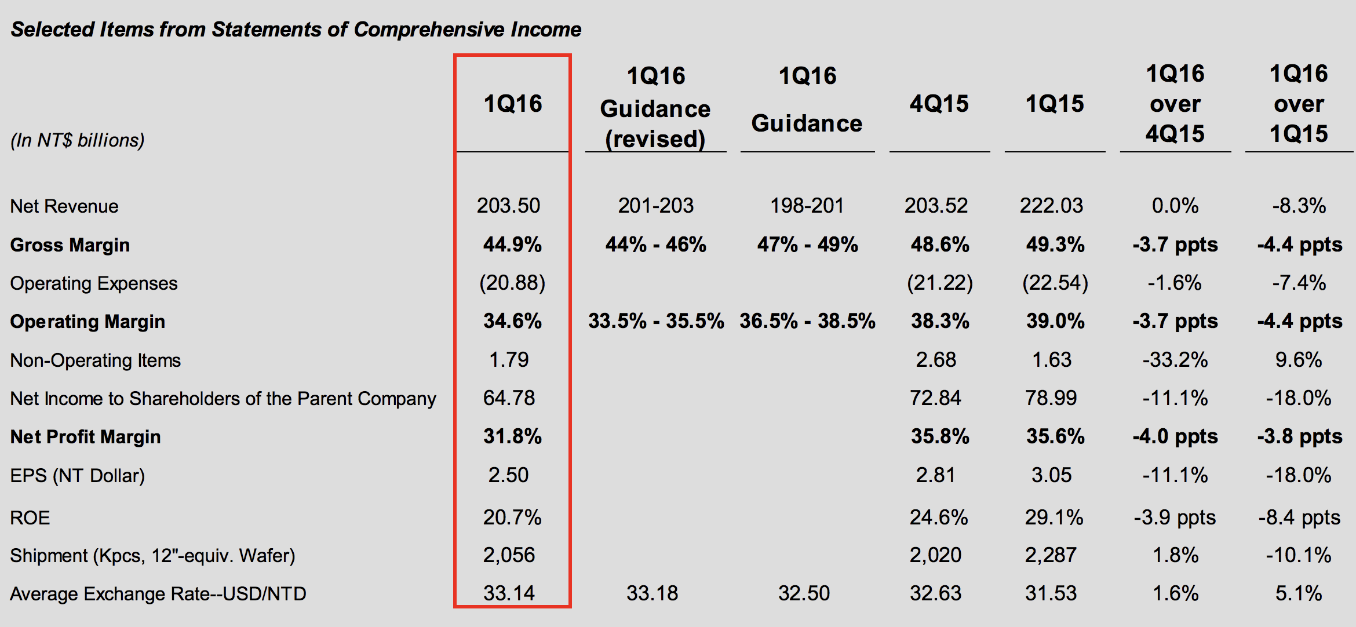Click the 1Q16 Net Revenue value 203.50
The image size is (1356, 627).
pyautogui.click(x=508, y=206)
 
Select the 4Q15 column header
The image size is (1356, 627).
pyautogui.click(x=939, y=104)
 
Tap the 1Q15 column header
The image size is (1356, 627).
pyautogui.click(x=1054, y=104)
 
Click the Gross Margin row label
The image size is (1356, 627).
pyautogui.click(x=70, y=245)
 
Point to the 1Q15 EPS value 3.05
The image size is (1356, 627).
pyautogui.click(x=1051, y=475)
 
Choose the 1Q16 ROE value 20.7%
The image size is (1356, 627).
pyautogui.click(x=512, y=517)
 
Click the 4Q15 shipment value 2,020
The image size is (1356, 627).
pyautogui.click(x=935, y=555)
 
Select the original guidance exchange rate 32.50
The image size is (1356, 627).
pyautogui.click(x=804, y=593)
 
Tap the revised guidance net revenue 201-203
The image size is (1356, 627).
pyautogui.click(x=655, y=206)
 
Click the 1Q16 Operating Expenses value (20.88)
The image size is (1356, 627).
pyautogui.click(x=512, y=283)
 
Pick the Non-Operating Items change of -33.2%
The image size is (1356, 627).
pyautogui.click(x=1175, y=360)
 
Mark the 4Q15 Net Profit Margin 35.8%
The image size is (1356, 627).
pyautogui.click(x=939, y=436)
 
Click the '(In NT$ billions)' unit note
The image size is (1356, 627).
pyautogui.click(x=78, y=140)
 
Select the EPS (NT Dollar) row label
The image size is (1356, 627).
pyautogui.click(x=78, y=476)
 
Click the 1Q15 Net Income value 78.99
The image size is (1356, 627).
pyautogui.click(x=1051, y=398)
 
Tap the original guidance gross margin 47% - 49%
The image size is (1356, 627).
pyautogui.click(x=807, y=245)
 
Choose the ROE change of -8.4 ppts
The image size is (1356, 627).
pyautogui.click(x=1299, y=517)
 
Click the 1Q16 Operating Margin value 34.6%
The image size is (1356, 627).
pyautogui.click(x=512, y=321)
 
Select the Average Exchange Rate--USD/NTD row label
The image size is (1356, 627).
pyautogui.click(x=158, y=594)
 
